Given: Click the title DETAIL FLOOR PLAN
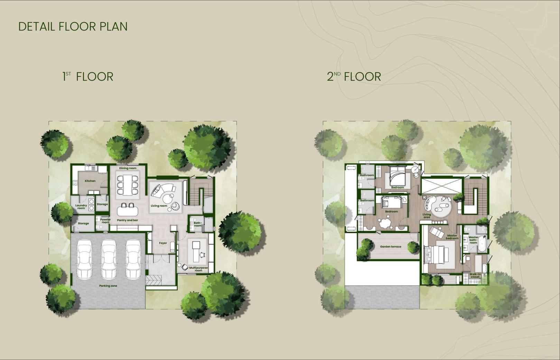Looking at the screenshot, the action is pyautogui.click(x=73, y=27).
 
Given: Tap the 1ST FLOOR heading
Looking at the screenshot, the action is pyautogui.click(x=88, y=76).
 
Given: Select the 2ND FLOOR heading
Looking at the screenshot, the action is pyautogui.click(x=354, y=76).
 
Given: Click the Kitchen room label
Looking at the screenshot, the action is pyautogui.click(x=90, y=181).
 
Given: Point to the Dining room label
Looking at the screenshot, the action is pyautogui.click(x=128, y=168).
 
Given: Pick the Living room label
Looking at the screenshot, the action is pyautogui.click(x=159, y=206).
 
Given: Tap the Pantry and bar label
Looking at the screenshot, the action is pyautogui.click(x=128, y=220).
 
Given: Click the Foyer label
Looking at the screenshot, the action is pyautogui.click(x=163, y=243).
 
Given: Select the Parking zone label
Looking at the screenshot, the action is pyautogui.click(x=108, y=286).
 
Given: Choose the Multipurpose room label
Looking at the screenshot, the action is pyautogui.click(x=198, y=269).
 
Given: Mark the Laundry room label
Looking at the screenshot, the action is pyautogui.click(x=81, y=207).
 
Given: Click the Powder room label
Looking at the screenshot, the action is pyautogui.click(x=105, y=221).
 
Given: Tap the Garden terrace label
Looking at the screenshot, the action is pyautogui.click(x=391, y=247).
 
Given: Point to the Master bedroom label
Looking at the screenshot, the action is pyautogui.click(x=452, y=237).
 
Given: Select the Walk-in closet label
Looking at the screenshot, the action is pyautogui.click(x=475, y=275).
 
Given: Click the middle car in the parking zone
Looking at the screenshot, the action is pyautogui.click(x=109, y=259).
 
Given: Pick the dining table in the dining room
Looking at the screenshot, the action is pyautogui.click(x=128, y=185).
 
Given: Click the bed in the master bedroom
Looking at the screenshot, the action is pyautogui.click(x=438, y=255).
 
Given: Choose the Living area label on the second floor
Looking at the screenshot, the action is pyautogui.click(x=427, y=216).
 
